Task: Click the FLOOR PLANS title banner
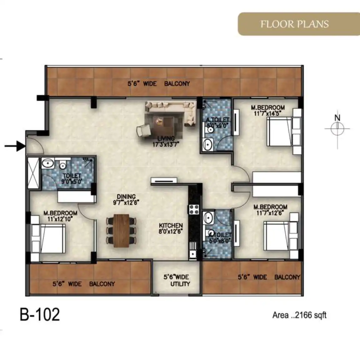[x=299, y=24]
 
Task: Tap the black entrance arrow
[x=15, y=146]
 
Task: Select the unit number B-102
[x=40, y=315]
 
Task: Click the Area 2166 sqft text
[x=299, y=315]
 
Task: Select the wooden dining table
[x=122, y=231]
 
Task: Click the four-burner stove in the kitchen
[x=194, y=209]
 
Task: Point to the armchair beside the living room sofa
[x=144, y=131]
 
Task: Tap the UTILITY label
[x=180, y=284]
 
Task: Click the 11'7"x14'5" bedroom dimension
[x=268, y=114]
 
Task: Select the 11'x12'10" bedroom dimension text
[x=60, y=219]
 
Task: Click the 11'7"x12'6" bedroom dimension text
[x=270, y=213]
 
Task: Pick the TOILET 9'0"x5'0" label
[x=72, y=179]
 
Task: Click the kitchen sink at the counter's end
[x=192, y=254]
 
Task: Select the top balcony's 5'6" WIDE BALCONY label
[x=159, y=83]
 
